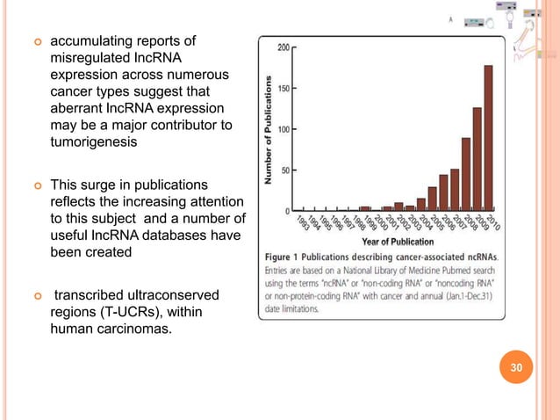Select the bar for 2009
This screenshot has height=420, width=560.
coord(477,159)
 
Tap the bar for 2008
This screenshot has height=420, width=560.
coord(465,174)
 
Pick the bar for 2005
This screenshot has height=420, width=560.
coord(432,199)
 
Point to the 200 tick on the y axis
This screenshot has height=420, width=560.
coord(284,47)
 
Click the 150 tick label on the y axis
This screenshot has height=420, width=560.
coord(284,88)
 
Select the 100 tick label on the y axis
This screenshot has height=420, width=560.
coord(284,129)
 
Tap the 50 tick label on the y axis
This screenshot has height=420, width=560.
coord(285,170)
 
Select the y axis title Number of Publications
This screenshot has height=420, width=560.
coord(269,129)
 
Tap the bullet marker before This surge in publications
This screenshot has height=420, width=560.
coord(36,186)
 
